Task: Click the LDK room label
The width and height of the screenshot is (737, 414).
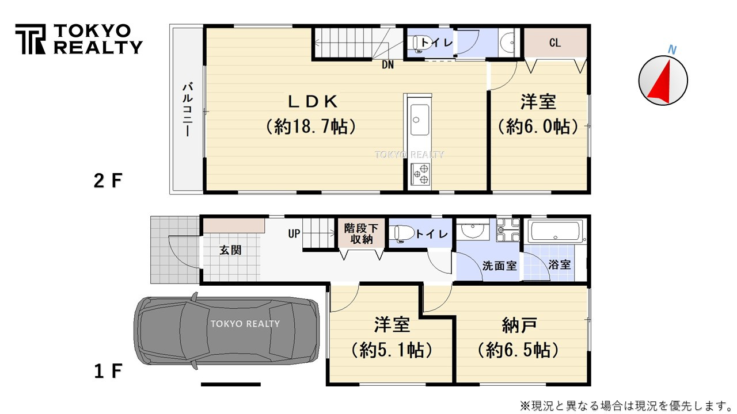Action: (312, 102)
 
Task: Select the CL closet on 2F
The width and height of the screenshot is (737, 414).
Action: (555, 43)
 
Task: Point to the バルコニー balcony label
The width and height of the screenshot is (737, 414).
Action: (187, 110)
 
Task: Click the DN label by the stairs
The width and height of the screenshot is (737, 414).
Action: (388, 64)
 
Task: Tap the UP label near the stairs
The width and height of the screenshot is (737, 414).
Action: (294, 234)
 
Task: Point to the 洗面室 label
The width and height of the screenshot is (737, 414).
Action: (499, 266)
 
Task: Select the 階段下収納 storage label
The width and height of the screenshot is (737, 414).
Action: (362, 233)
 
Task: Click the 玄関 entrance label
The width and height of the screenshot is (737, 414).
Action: (230, 250)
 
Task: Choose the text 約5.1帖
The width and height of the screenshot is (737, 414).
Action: (392, 350)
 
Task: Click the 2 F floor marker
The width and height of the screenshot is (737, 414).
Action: (108, 181)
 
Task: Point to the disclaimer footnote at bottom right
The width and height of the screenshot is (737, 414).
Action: (625, 406)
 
